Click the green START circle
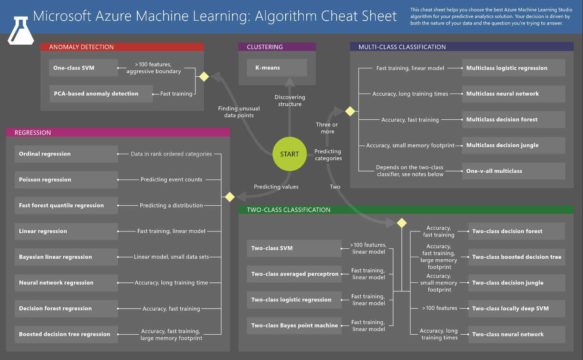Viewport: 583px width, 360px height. click(289, 154)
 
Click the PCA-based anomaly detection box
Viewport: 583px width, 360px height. click(101, 94)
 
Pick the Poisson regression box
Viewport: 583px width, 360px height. click(66, 180)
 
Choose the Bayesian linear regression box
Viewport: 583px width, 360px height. click(66, 257)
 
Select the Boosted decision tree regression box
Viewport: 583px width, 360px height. click(66, 334)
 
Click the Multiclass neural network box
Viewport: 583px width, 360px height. click(513, 94)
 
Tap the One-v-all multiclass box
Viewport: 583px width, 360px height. click(513, 171)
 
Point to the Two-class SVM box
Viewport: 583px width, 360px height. click(294, 248)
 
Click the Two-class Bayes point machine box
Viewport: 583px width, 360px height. click(294, 325)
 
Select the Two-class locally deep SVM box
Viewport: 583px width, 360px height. click(516, 309)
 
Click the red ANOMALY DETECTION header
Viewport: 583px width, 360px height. click(122, 47)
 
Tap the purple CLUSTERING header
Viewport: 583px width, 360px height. click(277, 47)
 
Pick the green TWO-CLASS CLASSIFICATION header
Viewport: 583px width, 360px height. click(406, 210)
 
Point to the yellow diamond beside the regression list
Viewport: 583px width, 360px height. click(230, 197)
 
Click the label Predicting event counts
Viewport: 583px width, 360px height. click(171, 180)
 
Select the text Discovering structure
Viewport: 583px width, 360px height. click(289, 101)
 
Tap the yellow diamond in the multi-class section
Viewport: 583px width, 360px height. click(350, 111)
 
